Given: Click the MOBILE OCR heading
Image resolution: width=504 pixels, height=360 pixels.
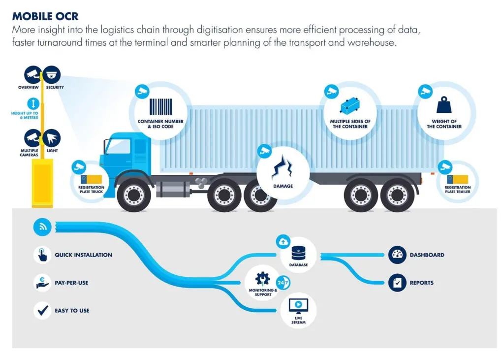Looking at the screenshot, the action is click(x=45, y=16).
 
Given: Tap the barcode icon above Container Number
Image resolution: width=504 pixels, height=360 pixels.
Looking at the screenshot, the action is click(x=161, y=107).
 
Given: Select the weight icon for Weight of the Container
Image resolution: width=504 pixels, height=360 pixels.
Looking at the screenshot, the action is click(x=444, y=105).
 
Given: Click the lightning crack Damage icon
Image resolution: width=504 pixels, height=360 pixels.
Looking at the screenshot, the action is click(x=282, y=166).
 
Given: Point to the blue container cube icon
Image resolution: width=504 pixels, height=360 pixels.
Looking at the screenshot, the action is click(x=350, y=105).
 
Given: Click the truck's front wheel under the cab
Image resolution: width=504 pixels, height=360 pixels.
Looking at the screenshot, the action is click(x=134, y=195).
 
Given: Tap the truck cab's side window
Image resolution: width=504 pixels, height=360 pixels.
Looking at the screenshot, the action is click(x=118, y=146).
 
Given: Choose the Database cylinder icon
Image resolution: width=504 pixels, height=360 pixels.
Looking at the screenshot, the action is click(x=298, y=253).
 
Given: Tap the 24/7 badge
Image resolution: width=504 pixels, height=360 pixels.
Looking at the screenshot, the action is click(x=283, y=283).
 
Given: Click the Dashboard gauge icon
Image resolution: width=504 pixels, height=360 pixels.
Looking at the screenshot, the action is click(x=397, y=255).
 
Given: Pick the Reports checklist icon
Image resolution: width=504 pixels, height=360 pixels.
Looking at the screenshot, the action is click(x=397, y=283).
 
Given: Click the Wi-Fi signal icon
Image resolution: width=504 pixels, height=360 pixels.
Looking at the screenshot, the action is click(x=42, y=227).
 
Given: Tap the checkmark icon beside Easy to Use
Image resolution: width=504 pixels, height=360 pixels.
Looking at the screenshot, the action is click(x=42, y=310).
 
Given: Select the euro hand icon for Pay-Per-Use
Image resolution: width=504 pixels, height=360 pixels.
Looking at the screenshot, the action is click(x=42, y=283).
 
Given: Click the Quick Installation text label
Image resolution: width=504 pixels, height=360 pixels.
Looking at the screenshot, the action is click(x=84, y=255).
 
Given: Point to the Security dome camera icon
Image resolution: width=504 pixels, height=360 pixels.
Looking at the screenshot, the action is click(x=51, y=75).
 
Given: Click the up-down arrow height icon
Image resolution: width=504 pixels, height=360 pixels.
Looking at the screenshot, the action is click(x=33, y=103).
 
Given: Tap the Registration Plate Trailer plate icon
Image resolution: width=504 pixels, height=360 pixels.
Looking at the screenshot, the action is click(x=457, y=179).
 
